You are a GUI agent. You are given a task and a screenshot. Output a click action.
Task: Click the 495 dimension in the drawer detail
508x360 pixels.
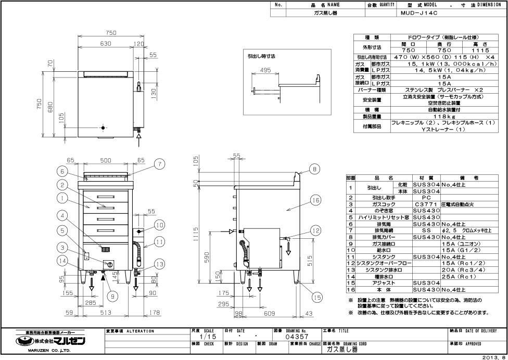click(x=264, y=71)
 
